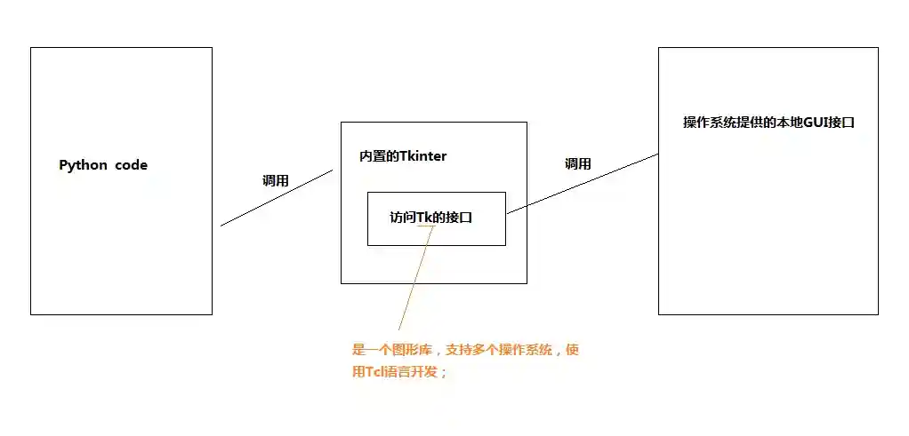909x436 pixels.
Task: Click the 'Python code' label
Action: [x=103, y=165]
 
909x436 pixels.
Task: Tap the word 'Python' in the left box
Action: [x=83, y=165]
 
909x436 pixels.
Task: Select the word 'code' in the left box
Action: [x=131, y=165]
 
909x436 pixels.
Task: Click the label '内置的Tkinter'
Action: [x=402, y=156]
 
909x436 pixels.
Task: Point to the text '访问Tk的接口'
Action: [x=430, y=217]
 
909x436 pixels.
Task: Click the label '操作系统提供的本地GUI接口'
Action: [x=768, y=123]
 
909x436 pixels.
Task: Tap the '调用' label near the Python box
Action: [x=276, y=180]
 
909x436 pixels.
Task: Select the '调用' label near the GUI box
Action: [x=578, y=164]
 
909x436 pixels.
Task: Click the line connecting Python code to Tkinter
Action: [x=276, y=198]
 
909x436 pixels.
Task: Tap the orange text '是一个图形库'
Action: [x=392, y=351]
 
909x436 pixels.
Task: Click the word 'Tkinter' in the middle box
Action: [x=423, y=156]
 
